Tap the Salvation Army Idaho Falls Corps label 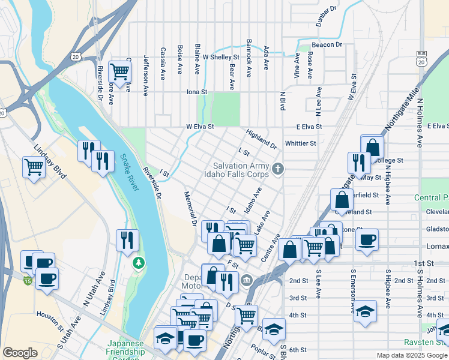[242, 170]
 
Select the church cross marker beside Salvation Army [277, 169]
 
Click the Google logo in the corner [20, 353]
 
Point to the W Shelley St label [221, 58]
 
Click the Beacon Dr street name [327, 45]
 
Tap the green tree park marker [139, 263]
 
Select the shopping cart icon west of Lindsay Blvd [33, 167]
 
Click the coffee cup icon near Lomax [367, 239]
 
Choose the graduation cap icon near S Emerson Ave [364, 311]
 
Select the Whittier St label [301, 143]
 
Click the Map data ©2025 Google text [411, 355]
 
